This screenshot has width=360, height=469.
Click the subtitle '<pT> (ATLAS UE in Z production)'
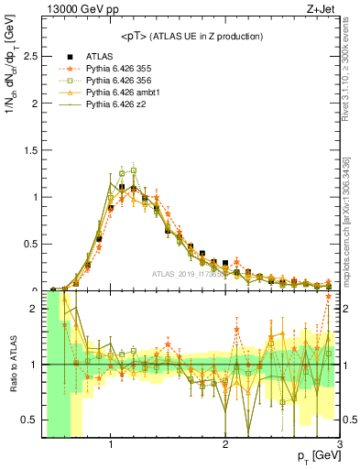point(191,36)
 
